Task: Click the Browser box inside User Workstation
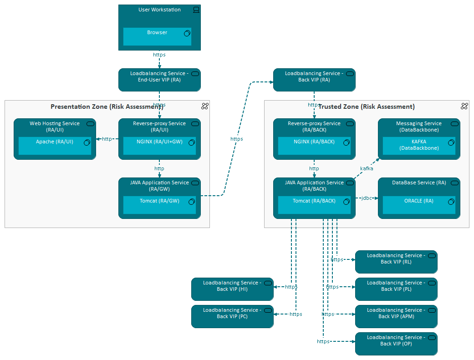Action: (157, 37)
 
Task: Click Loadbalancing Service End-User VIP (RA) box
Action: (159, 80)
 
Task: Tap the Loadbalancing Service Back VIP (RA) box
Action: (314, 80)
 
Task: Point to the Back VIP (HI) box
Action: (232, 289)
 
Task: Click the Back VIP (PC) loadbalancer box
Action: (232, 316)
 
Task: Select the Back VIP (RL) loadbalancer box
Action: (396, 262)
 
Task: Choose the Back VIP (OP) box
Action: (396, 344)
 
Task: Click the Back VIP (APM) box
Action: (396, 316)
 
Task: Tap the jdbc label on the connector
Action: (367, 198)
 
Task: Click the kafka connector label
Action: (367, 168)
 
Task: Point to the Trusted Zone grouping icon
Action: (464, 106)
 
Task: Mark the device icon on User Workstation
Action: (196, 10)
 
